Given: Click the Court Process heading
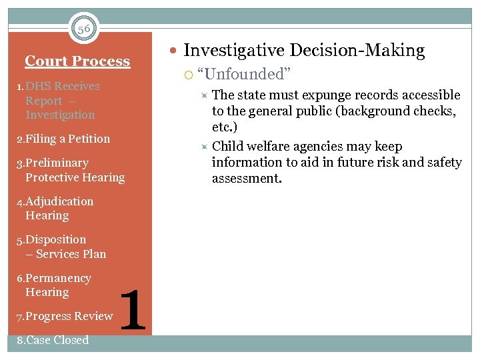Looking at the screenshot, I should [77, 61].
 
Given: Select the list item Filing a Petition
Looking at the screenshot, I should [63, 139].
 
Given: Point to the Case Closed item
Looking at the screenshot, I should [53, 340].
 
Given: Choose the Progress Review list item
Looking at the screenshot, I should [64, 316].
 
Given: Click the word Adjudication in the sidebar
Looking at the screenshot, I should [59, 201].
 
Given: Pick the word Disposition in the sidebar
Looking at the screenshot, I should [56, 239].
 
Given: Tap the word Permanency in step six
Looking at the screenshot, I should [58, 278].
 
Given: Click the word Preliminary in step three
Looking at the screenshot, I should [57, 163].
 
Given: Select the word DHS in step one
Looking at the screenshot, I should [38, 86].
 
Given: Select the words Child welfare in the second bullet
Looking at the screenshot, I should [257, 147].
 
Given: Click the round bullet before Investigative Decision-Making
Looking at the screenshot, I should [174, 51].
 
